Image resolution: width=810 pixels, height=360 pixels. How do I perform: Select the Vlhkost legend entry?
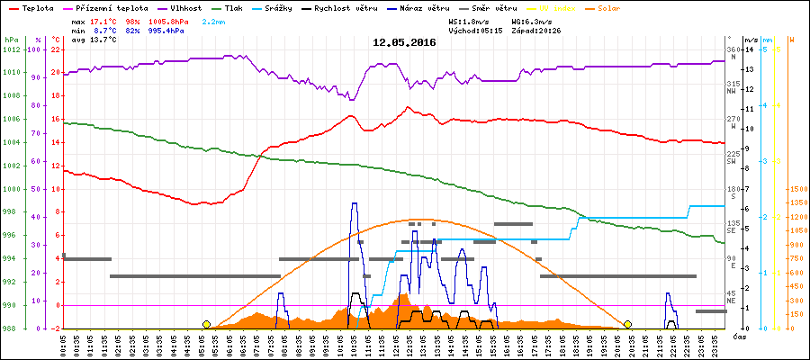click(186, 7)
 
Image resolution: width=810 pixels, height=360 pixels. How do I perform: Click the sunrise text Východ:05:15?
click(476, 30)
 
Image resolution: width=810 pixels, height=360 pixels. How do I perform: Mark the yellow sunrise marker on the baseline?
click(207, 324)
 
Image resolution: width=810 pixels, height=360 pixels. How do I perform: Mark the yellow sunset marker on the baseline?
click(627, 324)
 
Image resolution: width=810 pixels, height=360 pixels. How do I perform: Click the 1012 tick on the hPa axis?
click(11, 49)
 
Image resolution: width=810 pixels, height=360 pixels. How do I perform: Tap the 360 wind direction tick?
click(733, 49)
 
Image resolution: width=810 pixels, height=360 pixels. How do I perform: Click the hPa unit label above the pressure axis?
click(10, 40)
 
